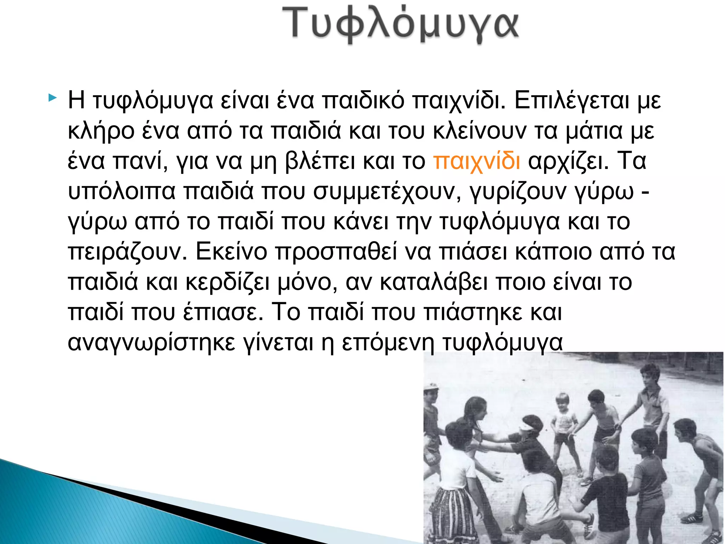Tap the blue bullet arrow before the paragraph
pos(52,97)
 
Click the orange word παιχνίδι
pos(476,161)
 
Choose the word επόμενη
pos(388,343)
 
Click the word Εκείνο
pos(231,252)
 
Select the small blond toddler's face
pos(562,402)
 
